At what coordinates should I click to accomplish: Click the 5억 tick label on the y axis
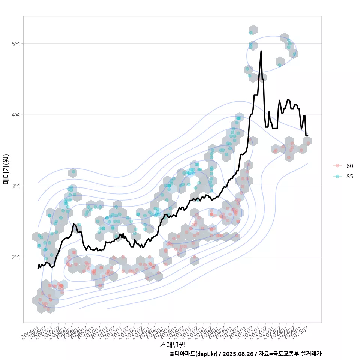click(x=15, y=44)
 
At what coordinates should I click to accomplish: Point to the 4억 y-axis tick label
click(x=15, y=115)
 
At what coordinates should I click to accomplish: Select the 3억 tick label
click(x=15, y=186)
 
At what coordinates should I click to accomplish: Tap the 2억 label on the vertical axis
click(x=15, y=257)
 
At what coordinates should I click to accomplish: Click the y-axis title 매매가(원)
click(x=6, y=169)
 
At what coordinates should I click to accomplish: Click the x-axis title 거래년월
click(x=172, y=344)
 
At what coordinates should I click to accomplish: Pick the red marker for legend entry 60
click(x=337, y=166)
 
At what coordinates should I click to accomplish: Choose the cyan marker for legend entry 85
click(x=337, y=176)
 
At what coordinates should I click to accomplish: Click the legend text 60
click(x=349, y=166)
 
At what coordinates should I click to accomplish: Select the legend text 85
click(x=349, y=176)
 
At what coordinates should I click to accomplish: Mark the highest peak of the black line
click(x=261, y=51)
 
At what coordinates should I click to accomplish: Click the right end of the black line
click(x=308, y=135)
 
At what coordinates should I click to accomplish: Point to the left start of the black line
click(x=38, y=268)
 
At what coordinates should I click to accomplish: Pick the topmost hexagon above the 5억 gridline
click(x=253, y=30)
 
